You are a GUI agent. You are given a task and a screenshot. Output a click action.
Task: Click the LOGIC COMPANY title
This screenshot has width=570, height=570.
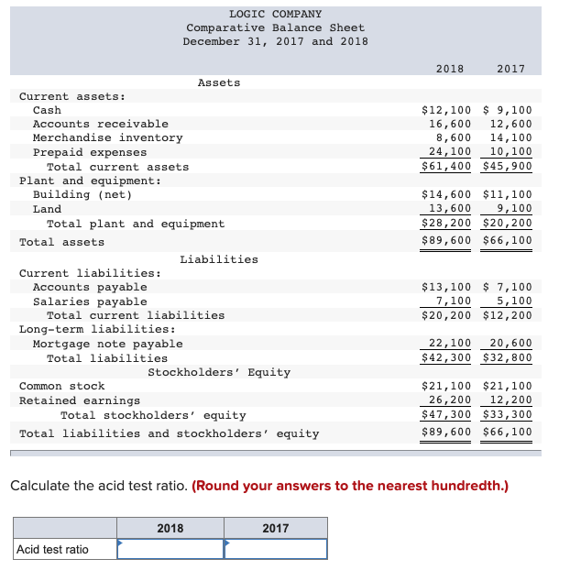[x=275, y=14]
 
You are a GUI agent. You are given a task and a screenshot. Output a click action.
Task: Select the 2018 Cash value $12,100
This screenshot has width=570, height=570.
[x=445, y=110]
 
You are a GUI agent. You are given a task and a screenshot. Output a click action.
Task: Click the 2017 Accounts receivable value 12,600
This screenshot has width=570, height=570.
[x=510, y=124]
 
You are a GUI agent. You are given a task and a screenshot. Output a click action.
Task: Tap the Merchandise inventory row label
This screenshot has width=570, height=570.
[x=107, y=137]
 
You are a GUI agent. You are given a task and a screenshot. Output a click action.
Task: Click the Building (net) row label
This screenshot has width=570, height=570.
[x=82, y=194]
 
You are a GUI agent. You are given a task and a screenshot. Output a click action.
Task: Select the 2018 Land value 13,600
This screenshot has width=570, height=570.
[x=450, y=208]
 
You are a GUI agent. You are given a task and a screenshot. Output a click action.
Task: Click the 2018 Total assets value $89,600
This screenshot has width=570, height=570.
[x=445, y=241]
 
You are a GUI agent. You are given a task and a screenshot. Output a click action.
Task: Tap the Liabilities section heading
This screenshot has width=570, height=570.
[x=218, y=259]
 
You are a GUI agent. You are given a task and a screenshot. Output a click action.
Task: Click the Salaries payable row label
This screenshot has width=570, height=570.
[x=90, y=301]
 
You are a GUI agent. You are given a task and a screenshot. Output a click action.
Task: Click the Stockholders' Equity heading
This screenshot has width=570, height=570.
[x=219, y=372]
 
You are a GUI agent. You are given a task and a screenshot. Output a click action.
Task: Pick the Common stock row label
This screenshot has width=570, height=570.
[x=62, y=386]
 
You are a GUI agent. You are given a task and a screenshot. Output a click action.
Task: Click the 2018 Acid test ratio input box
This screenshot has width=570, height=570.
[x=170, y=549]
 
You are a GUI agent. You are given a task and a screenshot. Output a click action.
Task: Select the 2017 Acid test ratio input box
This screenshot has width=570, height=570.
[x=275, y=549]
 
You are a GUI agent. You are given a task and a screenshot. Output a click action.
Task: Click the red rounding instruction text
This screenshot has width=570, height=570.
[x=350, y=486]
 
